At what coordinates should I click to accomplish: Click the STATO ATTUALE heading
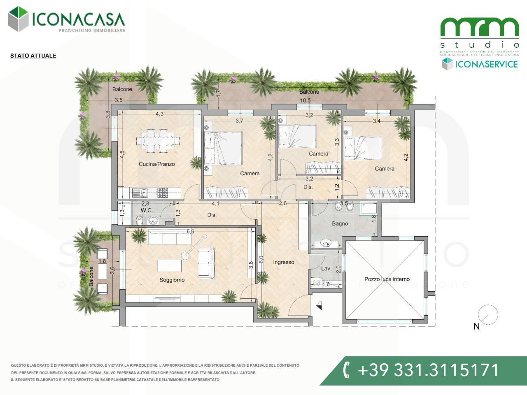[x=33, y=56]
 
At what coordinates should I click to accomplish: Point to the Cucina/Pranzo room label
[x=156, y=164]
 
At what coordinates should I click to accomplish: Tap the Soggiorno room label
[x=172, y=280]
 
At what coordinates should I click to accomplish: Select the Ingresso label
[x=283, y=262]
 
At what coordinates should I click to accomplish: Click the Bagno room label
[x=340, y=224]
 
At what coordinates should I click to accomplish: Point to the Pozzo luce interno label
[x=387, y=279]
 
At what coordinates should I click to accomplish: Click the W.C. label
[x=147, y=210]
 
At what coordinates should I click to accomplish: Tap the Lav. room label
[x=326, y=269]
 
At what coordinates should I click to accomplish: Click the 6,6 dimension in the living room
[x=190, y=232]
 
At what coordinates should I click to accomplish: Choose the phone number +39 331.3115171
[x=428, y=369]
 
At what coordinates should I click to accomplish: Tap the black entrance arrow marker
[x=319, y=305]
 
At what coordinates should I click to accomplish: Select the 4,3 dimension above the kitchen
[x=159, y=114]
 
